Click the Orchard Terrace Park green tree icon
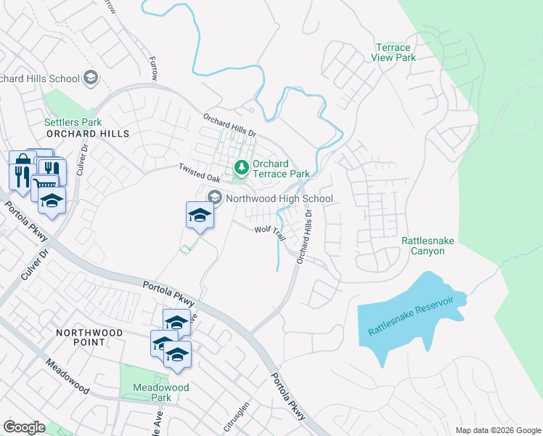click(242, 169)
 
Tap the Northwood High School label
click(279, 198)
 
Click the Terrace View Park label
click(395, 52)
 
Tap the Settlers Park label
click(73, 123)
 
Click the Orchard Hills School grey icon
click(91, 78)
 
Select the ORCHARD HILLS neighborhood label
click(87, 134)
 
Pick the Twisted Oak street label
click(200, 172)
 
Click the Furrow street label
click(152, 69)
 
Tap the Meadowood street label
click(68, 377)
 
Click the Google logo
click(24, 427)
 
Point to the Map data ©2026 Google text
click(497, 430)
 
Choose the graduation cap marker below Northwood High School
click(200, 215)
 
